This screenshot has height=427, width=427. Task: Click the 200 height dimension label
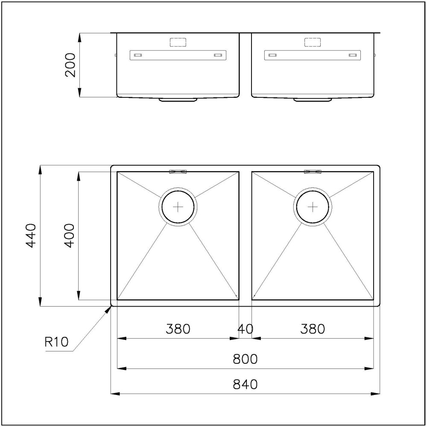(x=70, y=65)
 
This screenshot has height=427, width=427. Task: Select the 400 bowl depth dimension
(x=70, y=235)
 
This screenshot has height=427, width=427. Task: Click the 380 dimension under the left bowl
(x=178, y=329)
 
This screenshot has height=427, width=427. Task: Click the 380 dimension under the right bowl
(x=313, y=329)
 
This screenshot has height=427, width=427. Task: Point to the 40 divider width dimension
(x=245, y=329)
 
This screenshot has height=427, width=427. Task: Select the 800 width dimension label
(x=245, y=359)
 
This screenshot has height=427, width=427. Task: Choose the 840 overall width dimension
(x=245, y=384)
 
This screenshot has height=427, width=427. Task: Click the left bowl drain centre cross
(x=178, y=207)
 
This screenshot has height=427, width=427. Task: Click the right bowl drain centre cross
(x=313, y=207)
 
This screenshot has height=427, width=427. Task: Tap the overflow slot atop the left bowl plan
(x=178, y=172)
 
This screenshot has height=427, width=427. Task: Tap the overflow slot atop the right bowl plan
(x=313, y=172)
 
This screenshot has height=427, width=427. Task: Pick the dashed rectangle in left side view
(x=178, y=42)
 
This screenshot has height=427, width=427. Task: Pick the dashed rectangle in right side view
(x=313, y=42)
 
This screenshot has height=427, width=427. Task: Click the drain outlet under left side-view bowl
(x=178, y=100)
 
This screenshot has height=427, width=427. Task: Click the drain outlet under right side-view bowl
(x=313, y=100)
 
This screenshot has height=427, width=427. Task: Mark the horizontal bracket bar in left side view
(x=178, y=55)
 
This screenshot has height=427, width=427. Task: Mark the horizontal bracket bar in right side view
(x=313, y=55)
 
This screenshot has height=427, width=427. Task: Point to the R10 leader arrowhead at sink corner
(x=108, y=309)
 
